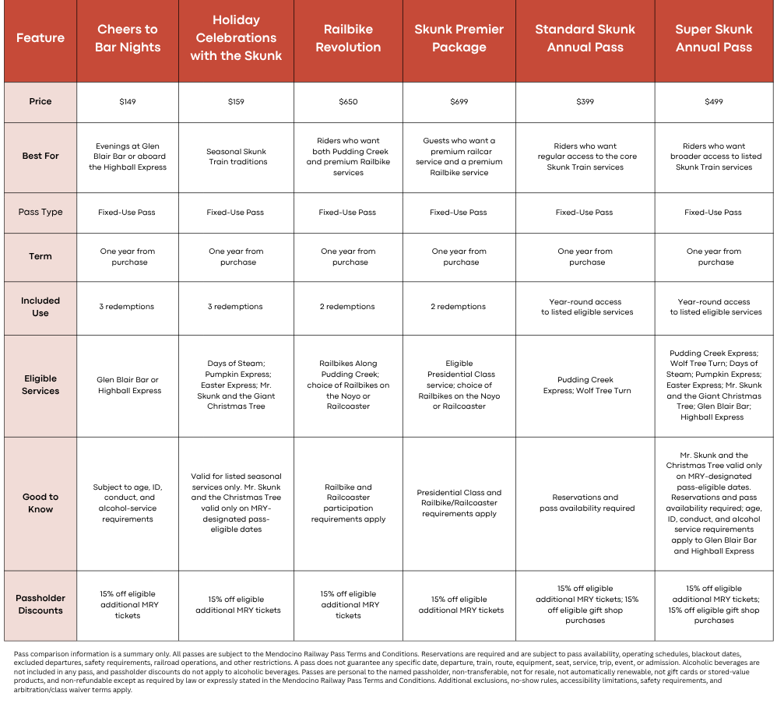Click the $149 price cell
(128, 101)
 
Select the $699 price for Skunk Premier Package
(459, 101)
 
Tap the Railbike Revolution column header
(348, 38)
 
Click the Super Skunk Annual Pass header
(714, 38)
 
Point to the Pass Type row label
(40, 212)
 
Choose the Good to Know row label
(40, 503)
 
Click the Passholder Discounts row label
(40, 604)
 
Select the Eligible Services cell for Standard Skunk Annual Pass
(585, 385)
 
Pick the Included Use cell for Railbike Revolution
(347, 307)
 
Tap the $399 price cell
(585, 101)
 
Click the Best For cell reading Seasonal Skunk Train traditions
(237, 157)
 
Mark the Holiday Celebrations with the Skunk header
(236, 38)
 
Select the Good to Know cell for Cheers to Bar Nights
(128, 503)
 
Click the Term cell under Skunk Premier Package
(459, 257)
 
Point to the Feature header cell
(40, 38)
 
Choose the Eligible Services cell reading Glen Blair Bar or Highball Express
(128, 385)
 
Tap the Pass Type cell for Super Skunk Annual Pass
(713, 212)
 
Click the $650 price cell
(348, 101)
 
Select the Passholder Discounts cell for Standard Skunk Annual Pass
(585, 604)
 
